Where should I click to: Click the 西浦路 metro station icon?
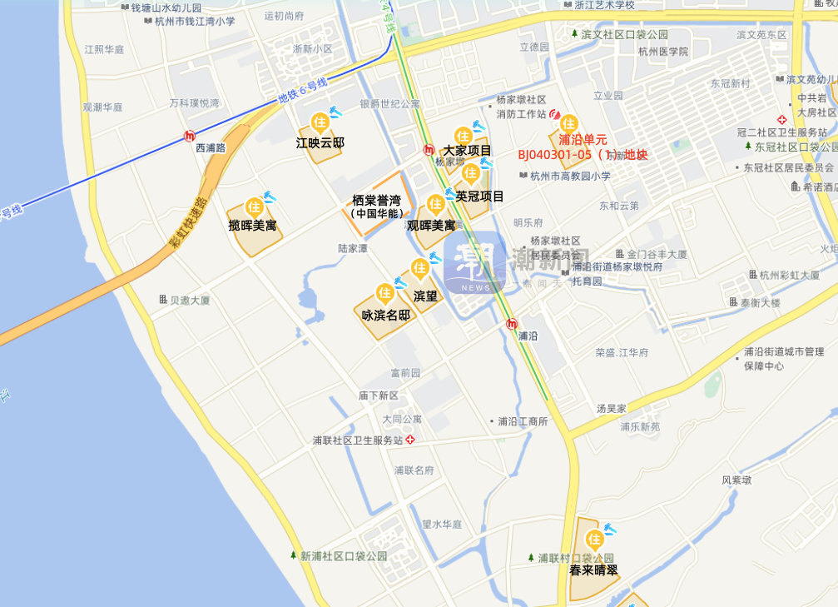click(191, 135)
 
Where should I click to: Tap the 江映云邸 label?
click(320, 142)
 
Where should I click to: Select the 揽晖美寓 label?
click(252, 226)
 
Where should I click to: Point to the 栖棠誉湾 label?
click(376, 201)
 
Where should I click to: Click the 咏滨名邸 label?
click(385, 315)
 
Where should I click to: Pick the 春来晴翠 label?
click(593, 570)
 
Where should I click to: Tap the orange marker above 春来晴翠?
click(594, 540)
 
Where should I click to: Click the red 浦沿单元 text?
click(583, 139)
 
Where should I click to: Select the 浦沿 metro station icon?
click(512, 323)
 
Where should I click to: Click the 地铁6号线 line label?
click(302, 91)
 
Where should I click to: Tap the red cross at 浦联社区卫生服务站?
click(409, 439)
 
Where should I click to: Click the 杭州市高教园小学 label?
click(570, 176)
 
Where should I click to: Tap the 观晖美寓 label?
click(431, 225)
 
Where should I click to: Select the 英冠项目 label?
click(479, 196)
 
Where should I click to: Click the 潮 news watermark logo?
click(474, 263)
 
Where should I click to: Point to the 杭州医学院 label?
click(664, 52)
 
